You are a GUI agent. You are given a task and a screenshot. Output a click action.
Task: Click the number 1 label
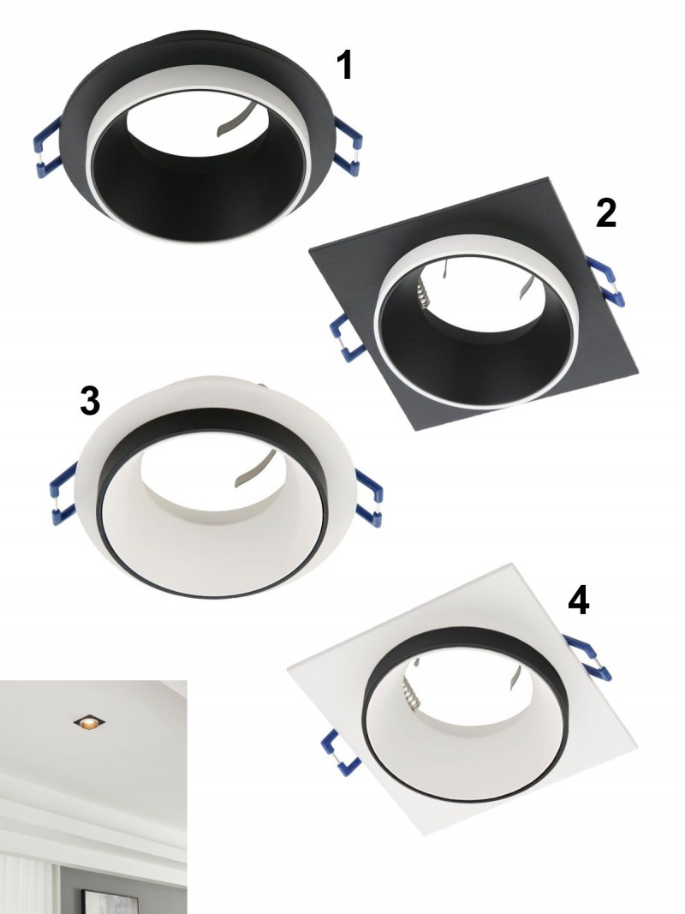345,65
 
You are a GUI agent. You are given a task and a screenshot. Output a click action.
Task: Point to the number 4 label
579,600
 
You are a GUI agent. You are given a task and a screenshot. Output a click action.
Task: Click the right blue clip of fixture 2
608,282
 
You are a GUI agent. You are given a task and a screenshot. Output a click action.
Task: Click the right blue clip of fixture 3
369,498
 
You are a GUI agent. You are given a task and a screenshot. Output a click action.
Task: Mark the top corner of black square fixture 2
547,178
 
